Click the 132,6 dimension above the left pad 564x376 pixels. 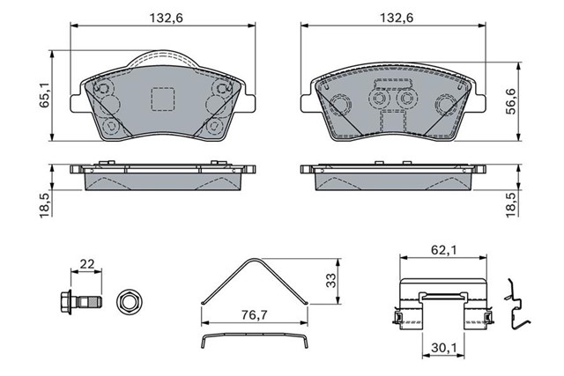click(x=167, y=18)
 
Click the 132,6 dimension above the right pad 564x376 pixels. click(x=397, y=18)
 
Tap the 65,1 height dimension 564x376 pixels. click(x=44, y=96)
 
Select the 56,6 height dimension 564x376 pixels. click(x=510, y=102)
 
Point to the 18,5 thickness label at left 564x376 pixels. click(x=44, y=204)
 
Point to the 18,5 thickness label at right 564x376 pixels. click(x=510, y=204)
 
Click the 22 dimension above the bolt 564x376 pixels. click(x=86, y=264)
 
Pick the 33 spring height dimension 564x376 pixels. click(x=330, y=280)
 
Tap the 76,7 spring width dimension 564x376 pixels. click(x=255, y=315)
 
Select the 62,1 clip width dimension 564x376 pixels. click(x=443, y=250)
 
